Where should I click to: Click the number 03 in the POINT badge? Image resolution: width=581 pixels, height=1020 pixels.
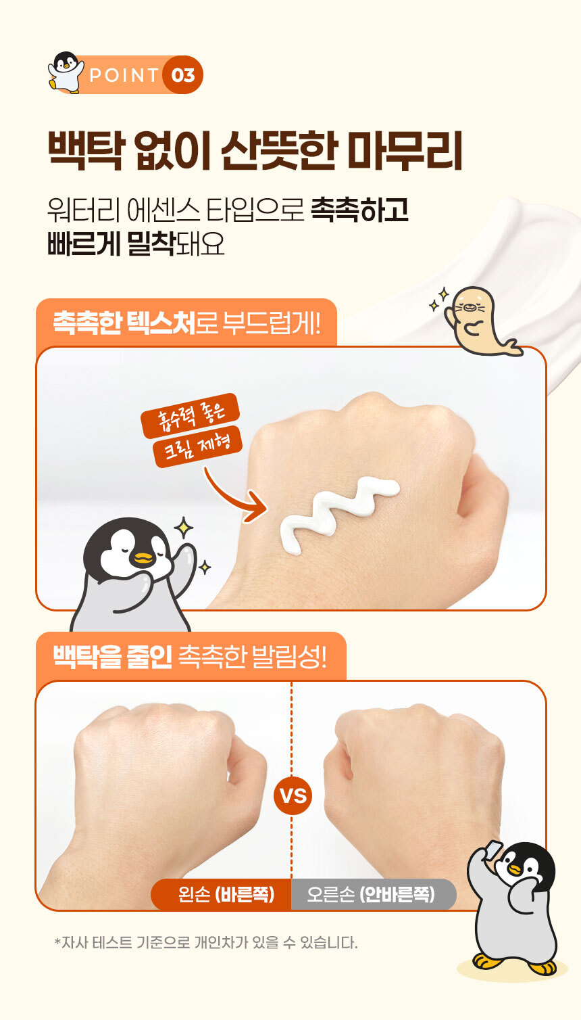point(183,75)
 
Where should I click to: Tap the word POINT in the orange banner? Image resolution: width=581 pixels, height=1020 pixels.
point(124,75)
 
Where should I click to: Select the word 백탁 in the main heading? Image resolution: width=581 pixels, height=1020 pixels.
point(86,151)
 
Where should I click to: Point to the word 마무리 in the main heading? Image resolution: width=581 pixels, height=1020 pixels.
point(405,151)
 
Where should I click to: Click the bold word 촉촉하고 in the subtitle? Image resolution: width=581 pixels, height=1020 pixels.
point(359,210)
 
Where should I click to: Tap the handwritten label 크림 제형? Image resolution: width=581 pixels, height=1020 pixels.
point(197,446)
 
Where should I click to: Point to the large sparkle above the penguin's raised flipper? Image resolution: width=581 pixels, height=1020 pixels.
point(184,528)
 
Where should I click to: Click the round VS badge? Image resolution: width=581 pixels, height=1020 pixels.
point(293,795)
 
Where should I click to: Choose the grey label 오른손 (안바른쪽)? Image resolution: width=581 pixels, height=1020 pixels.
point(371,894)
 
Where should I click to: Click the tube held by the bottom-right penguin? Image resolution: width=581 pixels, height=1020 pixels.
point(492,849)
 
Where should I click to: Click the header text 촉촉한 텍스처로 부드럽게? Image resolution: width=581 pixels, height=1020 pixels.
point(187,323)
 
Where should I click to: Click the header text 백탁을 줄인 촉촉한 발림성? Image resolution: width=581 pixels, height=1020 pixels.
point(190,656)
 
